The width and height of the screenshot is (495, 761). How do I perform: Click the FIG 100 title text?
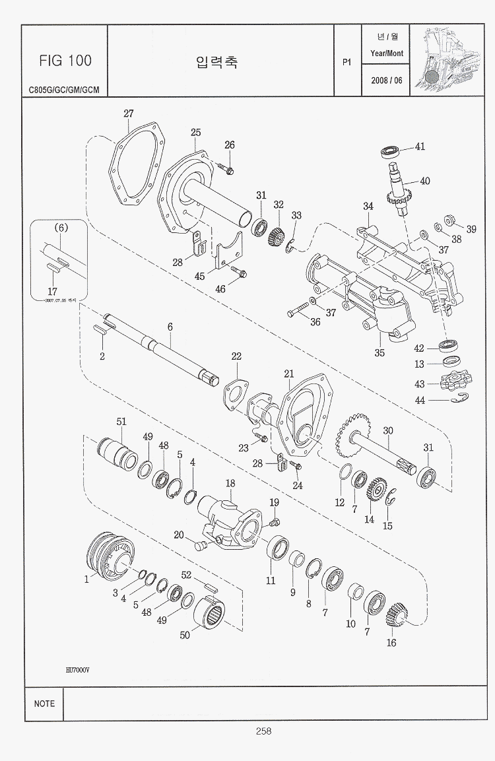tap(65, 61)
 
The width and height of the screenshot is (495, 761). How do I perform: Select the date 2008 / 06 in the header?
tap(386, 81)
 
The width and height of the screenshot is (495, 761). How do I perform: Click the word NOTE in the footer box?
tap(44, 704)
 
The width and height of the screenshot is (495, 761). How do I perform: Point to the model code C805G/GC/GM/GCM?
tap(64, 90)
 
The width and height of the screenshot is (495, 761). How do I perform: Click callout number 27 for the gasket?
tap(129, 114)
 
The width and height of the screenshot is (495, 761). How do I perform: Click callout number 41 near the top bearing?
tap(420, 147)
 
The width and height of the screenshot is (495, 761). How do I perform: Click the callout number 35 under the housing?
tap(379, 352)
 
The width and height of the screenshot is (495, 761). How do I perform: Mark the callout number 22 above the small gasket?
tap(236, 356)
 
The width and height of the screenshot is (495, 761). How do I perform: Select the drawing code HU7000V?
tap(77, 669)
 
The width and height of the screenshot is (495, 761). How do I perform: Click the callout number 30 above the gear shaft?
tap(388, 430)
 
